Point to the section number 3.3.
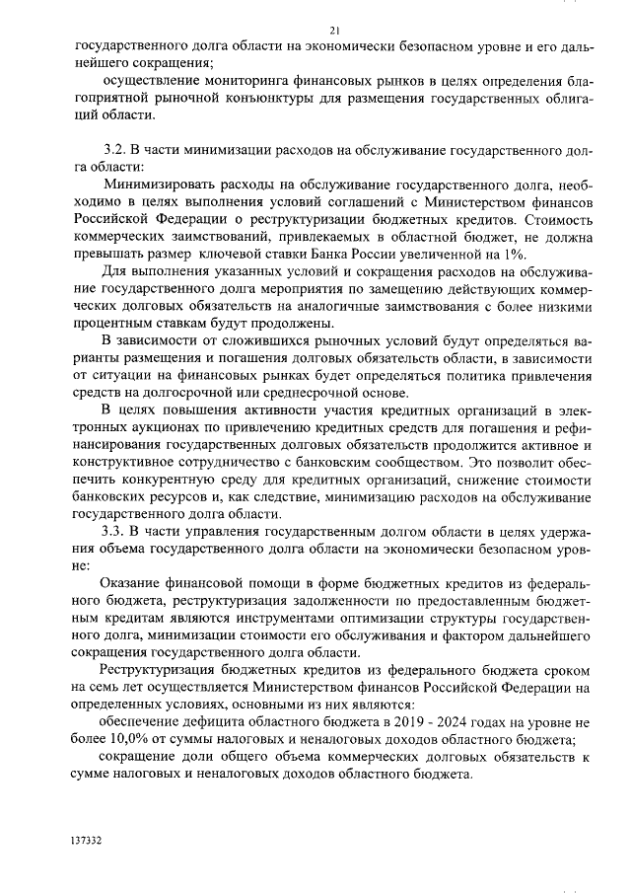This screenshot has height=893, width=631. [118, 532]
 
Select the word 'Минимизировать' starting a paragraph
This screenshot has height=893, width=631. [161, 184]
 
